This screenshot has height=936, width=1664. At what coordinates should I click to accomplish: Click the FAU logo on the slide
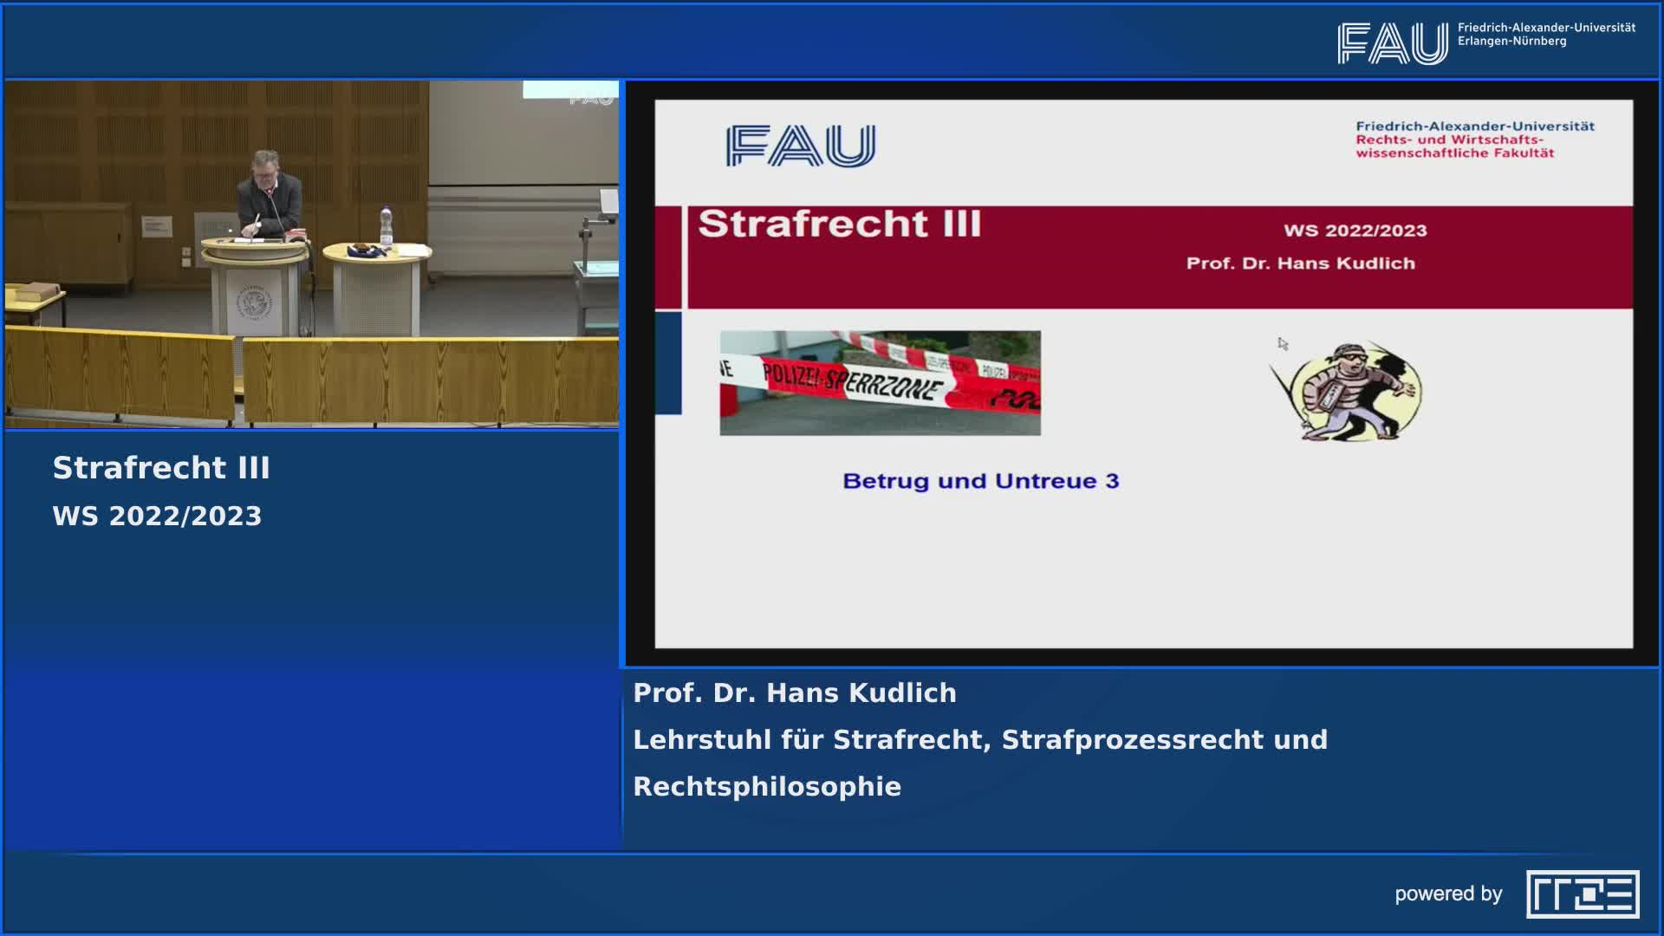click(801, 145)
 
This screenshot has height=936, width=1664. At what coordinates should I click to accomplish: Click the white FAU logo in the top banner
click(1393, 43)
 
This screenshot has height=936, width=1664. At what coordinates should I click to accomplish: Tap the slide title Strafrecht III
click(840, 224)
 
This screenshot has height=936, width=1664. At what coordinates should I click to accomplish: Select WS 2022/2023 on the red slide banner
click(1355, 231)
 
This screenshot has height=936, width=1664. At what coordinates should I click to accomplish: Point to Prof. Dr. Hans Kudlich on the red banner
click(1300, 263)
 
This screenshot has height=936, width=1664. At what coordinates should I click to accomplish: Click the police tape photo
click(880, 383)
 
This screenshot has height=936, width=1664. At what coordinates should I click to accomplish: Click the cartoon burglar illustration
click(1346, 391)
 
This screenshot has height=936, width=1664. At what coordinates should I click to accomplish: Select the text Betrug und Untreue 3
click(981, 481)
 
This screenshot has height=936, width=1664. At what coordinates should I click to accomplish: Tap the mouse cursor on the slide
click(1283, 344)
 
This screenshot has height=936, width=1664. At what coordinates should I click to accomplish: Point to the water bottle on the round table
click(386, 227)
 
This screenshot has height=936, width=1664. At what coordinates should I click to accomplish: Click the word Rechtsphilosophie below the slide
click(767, 787)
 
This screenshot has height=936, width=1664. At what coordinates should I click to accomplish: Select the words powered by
click(1448, 894)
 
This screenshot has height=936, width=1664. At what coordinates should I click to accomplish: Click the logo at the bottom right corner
click(1583, 894)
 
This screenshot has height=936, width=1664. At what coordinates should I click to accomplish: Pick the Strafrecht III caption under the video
click(161, 468)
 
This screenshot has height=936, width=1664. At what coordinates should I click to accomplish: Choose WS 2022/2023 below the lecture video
click(157, 517)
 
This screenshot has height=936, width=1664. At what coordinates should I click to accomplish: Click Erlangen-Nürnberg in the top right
click(1511, 41)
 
